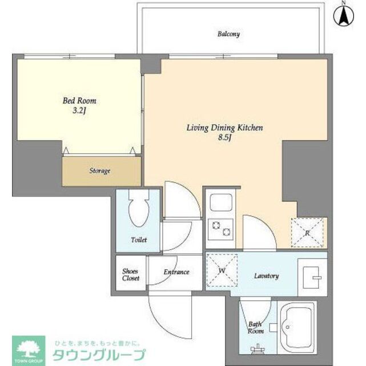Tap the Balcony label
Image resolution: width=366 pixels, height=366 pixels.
click(228, 34)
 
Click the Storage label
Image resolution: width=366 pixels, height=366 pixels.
click(99, 170)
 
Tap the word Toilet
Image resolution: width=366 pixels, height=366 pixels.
click(138, 240)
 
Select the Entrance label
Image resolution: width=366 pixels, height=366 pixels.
click(176, 272)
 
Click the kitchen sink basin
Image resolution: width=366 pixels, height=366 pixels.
click(220, 203)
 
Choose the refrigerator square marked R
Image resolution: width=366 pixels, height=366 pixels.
click(308, 232)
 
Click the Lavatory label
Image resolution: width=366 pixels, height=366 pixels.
click(266, 276)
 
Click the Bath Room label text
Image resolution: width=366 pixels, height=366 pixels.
click(255, 328)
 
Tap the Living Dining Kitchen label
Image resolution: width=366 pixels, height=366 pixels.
click(224, 128)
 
